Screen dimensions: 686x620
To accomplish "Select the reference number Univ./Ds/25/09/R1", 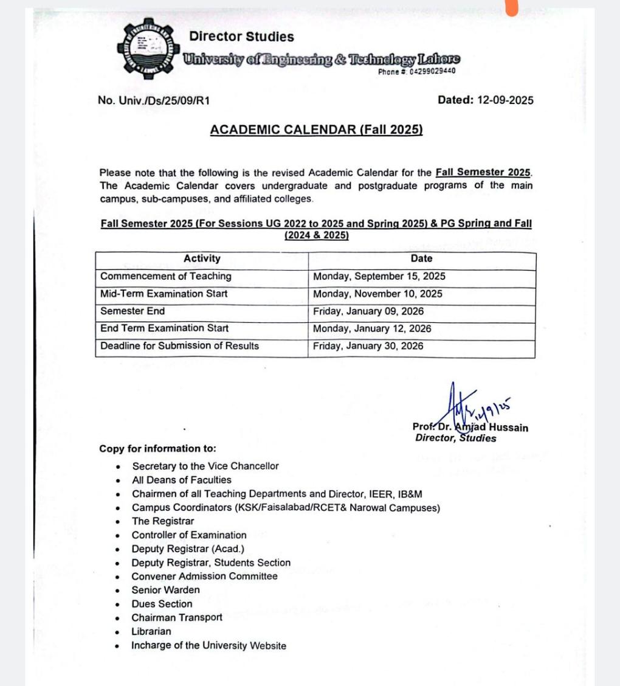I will tap(153, 101).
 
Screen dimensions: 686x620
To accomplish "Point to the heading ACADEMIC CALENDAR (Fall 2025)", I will tap(316, 130).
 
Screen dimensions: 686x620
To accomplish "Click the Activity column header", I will tap(202, 258).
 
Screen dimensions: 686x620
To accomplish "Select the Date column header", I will tap(422, 258).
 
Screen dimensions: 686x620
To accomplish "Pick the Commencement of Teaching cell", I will tap(166, 276).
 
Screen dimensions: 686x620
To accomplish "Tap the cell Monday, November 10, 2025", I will tap(377, 294).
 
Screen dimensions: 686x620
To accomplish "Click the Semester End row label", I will tap(133, 311).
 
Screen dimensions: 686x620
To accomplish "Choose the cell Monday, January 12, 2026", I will tap(372, 328).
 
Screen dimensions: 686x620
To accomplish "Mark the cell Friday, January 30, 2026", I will tap(368, 346).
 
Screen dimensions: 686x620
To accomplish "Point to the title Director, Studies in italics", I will tap(455, 438).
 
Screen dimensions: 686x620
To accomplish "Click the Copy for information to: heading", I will tap(157, 449).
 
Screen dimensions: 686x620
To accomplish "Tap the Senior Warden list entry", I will tap(165, 590).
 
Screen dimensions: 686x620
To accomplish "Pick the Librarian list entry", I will tap(151, 631).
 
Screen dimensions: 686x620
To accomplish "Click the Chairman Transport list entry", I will tap(177, 617).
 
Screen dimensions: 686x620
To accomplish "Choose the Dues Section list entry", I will tap(162, 604).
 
